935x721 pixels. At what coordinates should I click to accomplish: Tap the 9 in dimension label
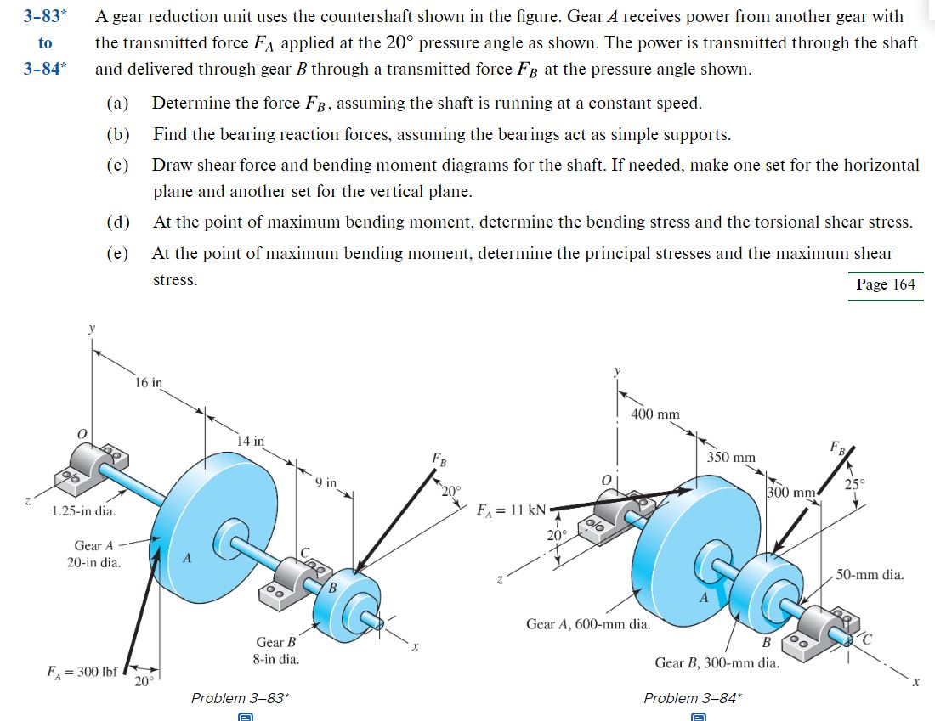pyautogui.click(x=326, y=483)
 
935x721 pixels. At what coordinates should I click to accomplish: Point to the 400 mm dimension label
pyautogui.click(x=654, y=414)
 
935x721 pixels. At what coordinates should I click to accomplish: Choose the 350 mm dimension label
pyautogui.click(x=731, y=458)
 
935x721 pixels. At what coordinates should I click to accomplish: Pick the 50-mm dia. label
pyautogui.click(x=870, y=575)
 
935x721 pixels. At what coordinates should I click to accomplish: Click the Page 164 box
pyautogui.click(x=886, y=284)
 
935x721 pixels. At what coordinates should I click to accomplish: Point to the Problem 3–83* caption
pyautogui.click(x=240, y=698)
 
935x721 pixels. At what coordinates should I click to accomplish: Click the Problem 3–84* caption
pyautogui.click(x=692, y=698)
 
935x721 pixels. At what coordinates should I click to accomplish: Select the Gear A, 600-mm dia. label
pyautogui.click(x=588, y=624)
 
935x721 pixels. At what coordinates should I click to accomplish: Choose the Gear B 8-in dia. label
pyautogui.click(x=277, y=651)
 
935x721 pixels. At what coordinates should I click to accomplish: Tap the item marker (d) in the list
pyautogui.click(x=118, y=222)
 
